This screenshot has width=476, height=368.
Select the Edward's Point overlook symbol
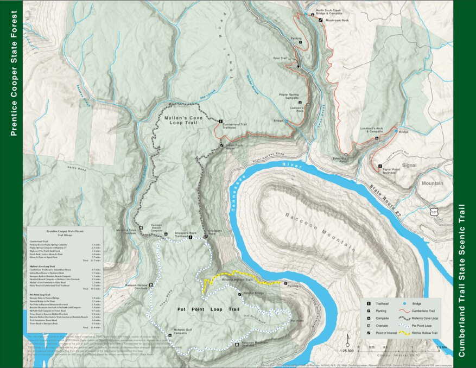pos(345,156)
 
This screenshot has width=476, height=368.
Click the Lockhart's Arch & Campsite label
pos(372,130)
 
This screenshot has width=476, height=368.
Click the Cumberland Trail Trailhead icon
pos(220,120)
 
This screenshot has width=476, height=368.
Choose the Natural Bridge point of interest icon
pos(240,294)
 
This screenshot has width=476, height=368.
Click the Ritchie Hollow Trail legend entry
pos(423,332)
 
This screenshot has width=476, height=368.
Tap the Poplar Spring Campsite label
pos(293,96)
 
